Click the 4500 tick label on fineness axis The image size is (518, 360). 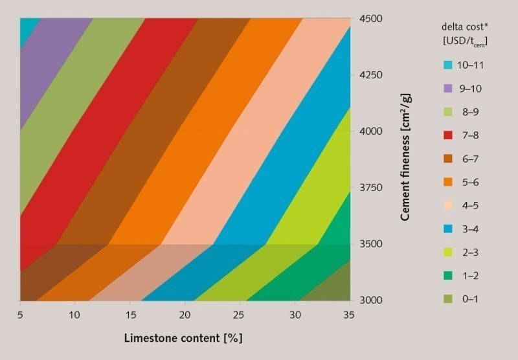tap(373, 19)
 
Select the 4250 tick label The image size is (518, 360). tap(373, 75)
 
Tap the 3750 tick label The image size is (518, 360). tap(373, 188)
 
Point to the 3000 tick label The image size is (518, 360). tap(373, 300)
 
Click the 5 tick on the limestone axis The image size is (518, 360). tap(21, 315)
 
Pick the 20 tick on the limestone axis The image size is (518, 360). tap(186, 315)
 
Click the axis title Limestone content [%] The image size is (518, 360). tap(183, 338)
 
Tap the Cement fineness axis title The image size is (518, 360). tap(406, 157)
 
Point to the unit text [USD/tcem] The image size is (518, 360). tap(462, 41)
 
